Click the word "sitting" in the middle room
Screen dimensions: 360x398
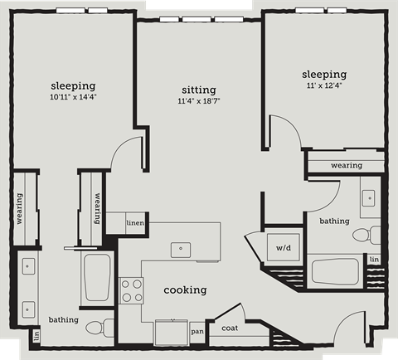[198, 90]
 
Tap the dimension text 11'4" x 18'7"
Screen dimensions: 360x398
[198, 101]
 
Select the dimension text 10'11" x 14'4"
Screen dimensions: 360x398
[73, 97]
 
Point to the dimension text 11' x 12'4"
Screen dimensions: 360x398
[324, 85]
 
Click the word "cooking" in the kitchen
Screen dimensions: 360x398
[185, 289]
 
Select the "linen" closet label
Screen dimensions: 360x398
[135, 223]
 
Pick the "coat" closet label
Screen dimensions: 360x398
[230, 328]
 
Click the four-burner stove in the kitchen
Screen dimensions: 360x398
[131, 289]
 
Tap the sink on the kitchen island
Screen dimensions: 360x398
[181, 247]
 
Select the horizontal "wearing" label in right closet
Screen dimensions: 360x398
[346, 165]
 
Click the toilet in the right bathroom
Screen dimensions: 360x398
[362, 235]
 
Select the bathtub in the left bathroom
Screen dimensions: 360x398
[97, 278]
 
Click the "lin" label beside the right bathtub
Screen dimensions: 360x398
[375, 260]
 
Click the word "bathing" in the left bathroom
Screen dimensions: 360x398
[63, 319]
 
